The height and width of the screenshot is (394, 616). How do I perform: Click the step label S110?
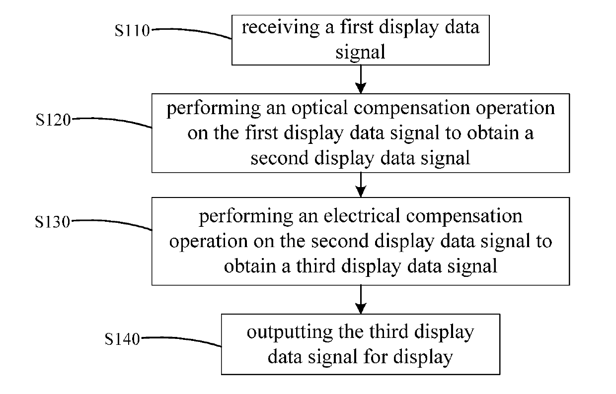tap(132, 30)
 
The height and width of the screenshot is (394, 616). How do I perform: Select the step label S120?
tap(53, 120)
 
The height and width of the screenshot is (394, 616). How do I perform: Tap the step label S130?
tap(52, 222)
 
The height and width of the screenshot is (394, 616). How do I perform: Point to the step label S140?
tap(122, 339)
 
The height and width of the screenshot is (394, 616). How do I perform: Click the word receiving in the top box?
tap(281, 28)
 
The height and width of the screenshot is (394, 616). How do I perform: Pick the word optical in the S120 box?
tap(319, 109)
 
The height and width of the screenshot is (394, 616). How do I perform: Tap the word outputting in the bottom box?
tap(290, 333)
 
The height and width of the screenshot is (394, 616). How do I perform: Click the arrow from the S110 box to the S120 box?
tap(361, 79)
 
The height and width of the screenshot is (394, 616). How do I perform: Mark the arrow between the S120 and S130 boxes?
tap(361, 185)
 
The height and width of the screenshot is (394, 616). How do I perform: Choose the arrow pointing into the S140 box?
tap(361, 300)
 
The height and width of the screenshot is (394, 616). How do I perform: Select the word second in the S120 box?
tap(279, 158)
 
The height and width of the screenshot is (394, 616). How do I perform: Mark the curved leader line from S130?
tap(111, 223)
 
